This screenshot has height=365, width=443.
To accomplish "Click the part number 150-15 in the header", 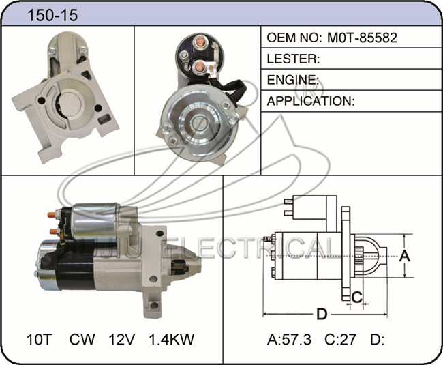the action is (x=52, y=15).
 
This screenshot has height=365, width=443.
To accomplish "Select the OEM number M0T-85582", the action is (x=362, y=38).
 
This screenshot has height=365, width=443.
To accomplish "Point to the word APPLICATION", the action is (x=309, y=101).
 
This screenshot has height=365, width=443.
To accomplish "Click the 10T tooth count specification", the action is (x=40, y=339).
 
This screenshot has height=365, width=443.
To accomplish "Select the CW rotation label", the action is (x=82, y=339).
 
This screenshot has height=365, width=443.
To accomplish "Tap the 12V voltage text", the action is (x=122, y=339).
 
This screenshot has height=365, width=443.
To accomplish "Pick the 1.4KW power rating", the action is (x=172, y=339).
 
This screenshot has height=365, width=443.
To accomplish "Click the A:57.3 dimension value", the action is (x=289, y=339).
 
